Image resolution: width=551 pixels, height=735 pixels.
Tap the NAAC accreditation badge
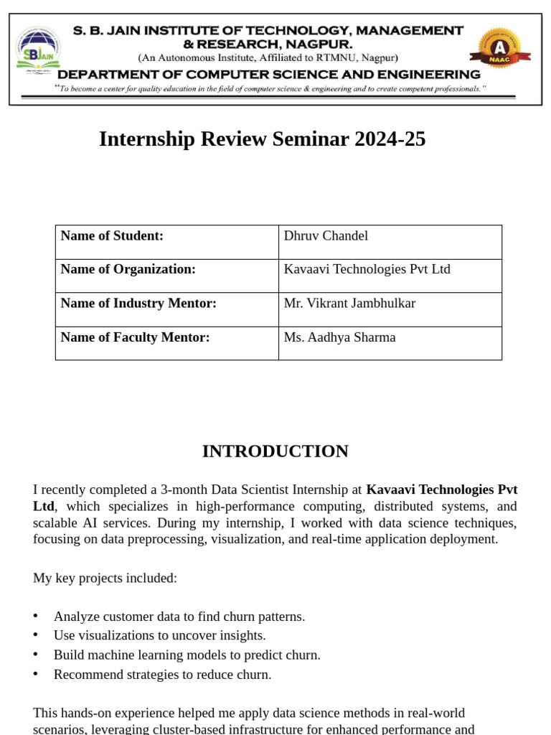click(x=499, y=49)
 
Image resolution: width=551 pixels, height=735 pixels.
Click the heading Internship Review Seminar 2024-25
click(x=262, y=139)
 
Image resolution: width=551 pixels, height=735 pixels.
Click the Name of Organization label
click(x=128, y=270)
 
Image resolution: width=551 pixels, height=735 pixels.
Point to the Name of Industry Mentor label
click(x=138, y=304)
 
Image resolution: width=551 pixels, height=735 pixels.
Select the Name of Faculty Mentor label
click(x=135, y=337)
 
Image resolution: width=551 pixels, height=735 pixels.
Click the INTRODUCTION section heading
click(x=275, y=451)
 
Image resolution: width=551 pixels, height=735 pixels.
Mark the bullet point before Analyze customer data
click(x=36, y=617)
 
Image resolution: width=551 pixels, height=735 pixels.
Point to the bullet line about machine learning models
click(x=187, y=655)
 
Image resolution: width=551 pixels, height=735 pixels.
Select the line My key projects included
click(x=105, y=578)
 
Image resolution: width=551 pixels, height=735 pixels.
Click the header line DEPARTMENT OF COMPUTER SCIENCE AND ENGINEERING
click(x=269, y=75)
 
